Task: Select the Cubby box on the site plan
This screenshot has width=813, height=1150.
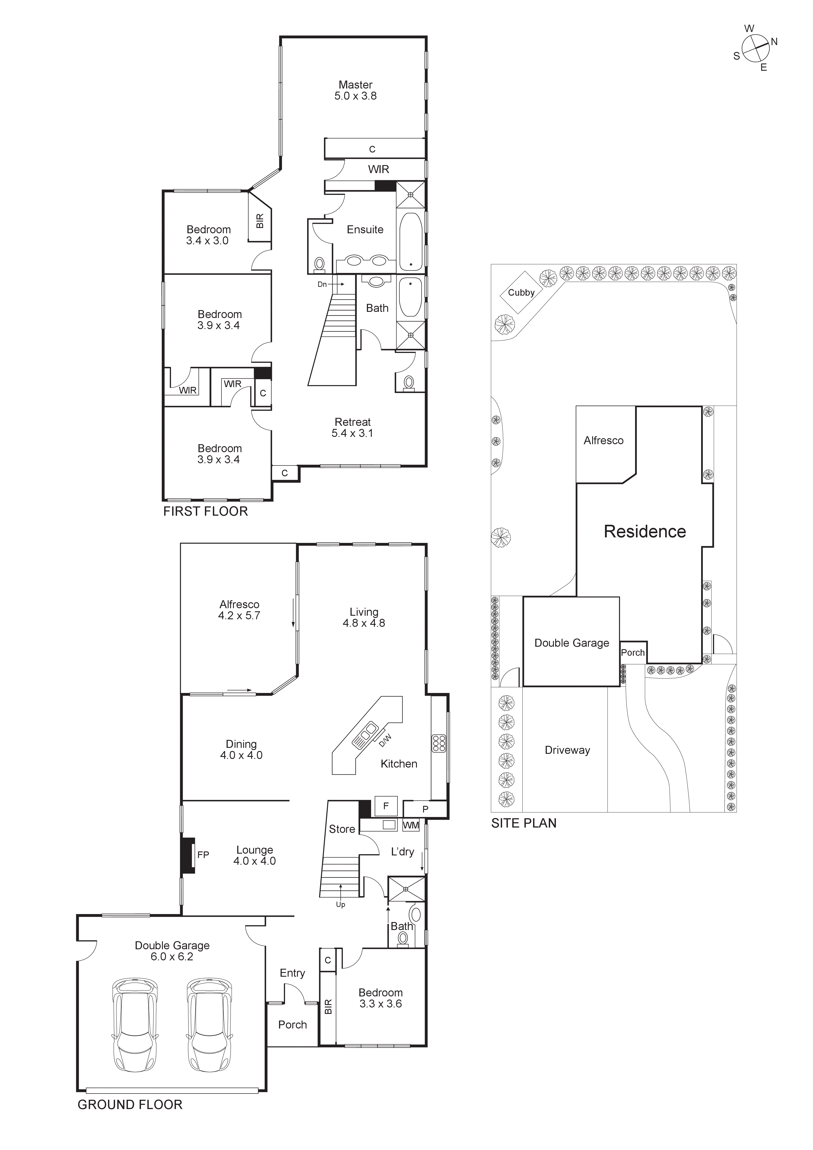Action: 522,293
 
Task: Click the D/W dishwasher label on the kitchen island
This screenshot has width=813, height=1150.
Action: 385,740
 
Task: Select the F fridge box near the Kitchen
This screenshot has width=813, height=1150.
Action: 386,806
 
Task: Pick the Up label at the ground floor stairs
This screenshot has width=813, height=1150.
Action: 341,905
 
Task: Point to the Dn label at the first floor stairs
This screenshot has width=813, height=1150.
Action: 322,284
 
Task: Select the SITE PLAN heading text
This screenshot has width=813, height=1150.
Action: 524,823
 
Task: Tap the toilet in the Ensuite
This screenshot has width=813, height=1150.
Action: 319,263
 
